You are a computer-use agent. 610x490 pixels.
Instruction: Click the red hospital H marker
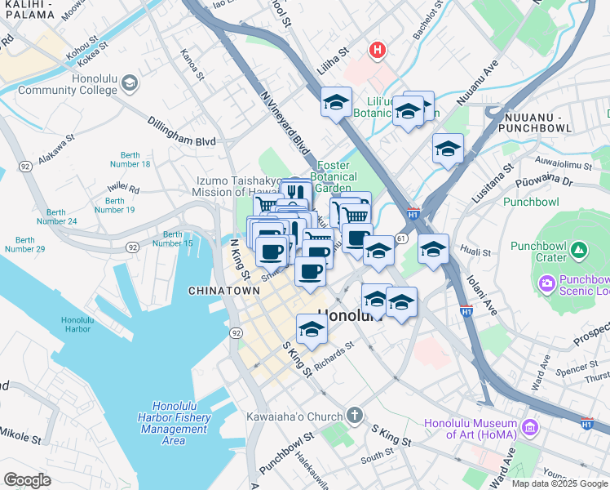(376, 51)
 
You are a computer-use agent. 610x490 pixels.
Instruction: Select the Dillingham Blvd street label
(181, 141)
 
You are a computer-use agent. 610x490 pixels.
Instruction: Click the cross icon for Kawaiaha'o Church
(354, 416)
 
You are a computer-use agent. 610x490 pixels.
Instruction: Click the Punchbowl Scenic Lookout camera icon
(546, 283)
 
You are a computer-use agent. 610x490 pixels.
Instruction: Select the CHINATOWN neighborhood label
(223, 291)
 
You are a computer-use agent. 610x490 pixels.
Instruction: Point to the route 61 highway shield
(401, 238)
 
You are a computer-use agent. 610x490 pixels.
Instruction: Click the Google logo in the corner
(27, 480)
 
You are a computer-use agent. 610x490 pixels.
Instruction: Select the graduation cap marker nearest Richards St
(312, 330)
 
